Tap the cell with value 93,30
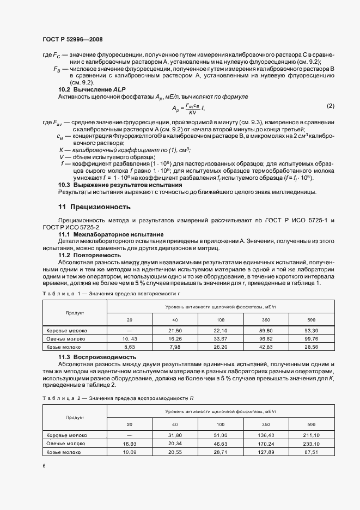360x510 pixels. pyautogui.click(x=312, y=330)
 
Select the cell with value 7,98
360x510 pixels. pyautogui.click(x=175, y=347)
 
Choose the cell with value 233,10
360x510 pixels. pyautogui.click(x=312, y=444)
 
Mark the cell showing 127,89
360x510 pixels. pyautogui.click(x=266, y=452)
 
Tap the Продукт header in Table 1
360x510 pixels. pyautogui.click(x=75, y=313)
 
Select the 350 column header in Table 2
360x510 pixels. pyautogui.click(x=266, y=424)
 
